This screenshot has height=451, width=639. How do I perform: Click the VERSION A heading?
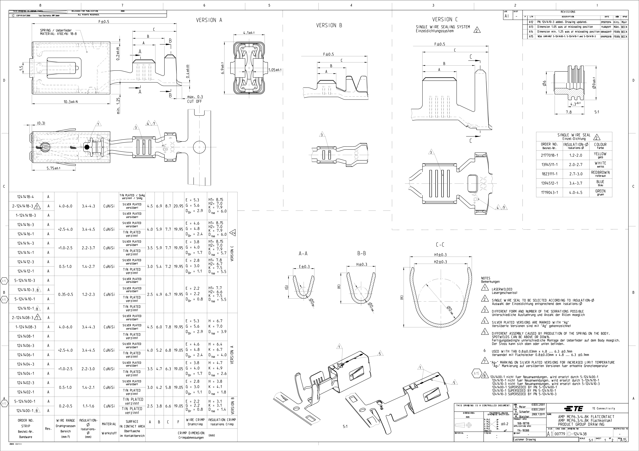pyautogui.click(x=209, y=20)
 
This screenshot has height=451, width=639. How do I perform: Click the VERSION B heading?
pyautogui.click(x=329, y=25)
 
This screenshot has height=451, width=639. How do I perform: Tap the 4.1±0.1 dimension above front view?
pyautogui.click(x=249, y=33)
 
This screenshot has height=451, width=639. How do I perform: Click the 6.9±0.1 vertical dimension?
pyautogui.click(x=222, y=68)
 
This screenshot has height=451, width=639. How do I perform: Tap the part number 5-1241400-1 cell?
pyautogui.click(x=25, y=401)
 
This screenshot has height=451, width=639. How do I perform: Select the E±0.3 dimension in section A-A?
pyautogui.click(x=304, y=267)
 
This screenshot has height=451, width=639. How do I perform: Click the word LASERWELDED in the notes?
pyautogui.click(x=502, y=289)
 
